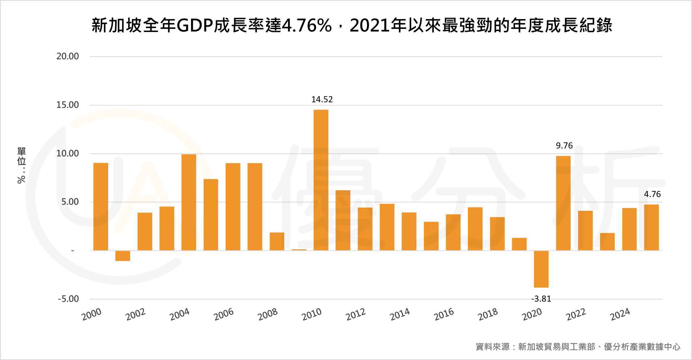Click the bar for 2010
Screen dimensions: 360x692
pos(321,180)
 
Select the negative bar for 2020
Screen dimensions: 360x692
pos(541,269)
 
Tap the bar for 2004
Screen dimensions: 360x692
pos(188,203)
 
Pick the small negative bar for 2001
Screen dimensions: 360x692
pos(123,255)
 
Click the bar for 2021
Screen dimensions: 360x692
pos(563,203)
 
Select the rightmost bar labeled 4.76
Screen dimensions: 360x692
pos(651,227)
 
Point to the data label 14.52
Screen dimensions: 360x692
pos(322,99)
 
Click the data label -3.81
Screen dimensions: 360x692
pos(541,299)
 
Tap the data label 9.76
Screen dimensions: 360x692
pos(564,146)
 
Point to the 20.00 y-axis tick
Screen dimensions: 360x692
pos(67,56)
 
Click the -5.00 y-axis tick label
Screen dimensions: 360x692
pos(68,299)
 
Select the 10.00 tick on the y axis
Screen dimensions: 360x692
pos(67,154)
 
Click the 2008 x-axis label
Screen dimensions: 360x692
pos(268,314)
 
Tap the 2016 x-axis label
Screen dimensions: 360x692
pos(444,314)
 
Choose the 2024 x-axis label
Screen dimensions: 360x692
pos(620,314)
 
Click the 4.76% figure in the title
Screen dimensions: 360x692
pos(306,26)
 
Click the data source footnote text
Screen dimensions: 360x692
pos(578,347)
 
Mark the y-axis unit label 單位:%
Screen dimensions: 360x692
pos(21,165)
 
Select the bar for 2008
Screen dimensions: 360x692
pos(277,241)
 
